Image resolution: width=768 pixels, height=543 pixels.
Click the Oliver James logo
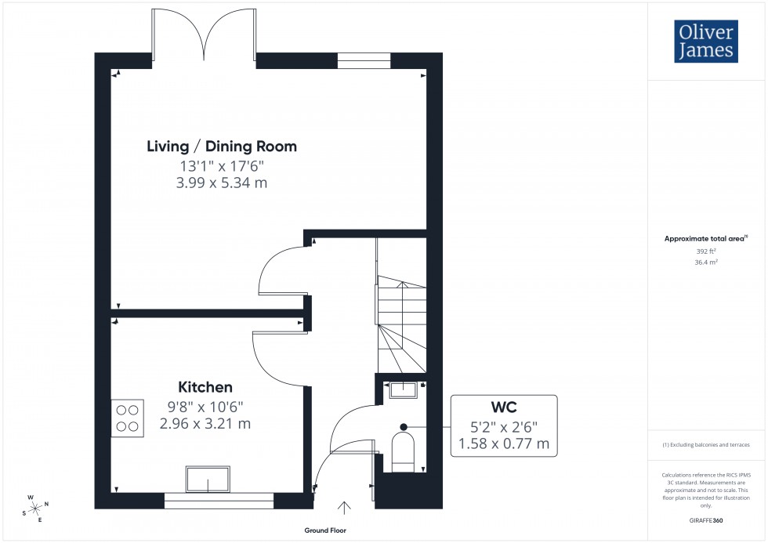click(x=705, y=42)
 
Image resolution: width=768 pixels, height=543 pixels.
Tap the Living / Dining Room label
click(x=222, y=147)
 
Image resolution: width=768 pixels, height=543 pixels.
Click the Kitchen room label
click(x=205, y=387)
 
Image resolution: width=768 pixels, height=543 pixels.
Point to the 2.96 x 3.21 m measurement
click(x=205, y=424)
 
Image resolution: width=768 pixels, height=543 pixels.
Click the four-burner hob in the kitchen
click(x=127, y=418)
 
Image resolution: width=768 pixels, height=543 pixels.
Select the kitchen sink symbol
click(x=208, y=479)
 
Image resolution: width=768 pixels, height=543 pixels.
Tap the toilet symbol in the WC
click(x=402, y=454)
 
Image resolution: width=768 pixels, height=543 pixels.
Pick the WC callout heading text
click(x=504, y=408)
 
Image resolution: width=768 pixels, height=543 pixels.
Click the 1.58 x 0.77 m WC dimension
click(x=504, y=444)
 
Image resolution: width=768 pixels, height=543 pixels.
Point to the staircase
click(x=401, y=313)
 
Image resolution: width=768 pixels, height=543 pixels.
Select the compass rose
click(x=36, y=507)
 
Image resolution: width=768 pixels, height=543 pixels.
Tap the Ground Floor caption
click(x=325, y=530)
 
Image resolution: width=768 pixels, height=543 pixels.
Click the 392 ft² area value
click(x=706, y=252)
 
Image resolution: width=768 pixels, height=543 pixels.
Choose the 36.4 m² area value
click(x=706, y=262)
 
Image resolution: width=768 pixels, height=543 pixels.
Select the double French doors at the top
click(x=204, y=33)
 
